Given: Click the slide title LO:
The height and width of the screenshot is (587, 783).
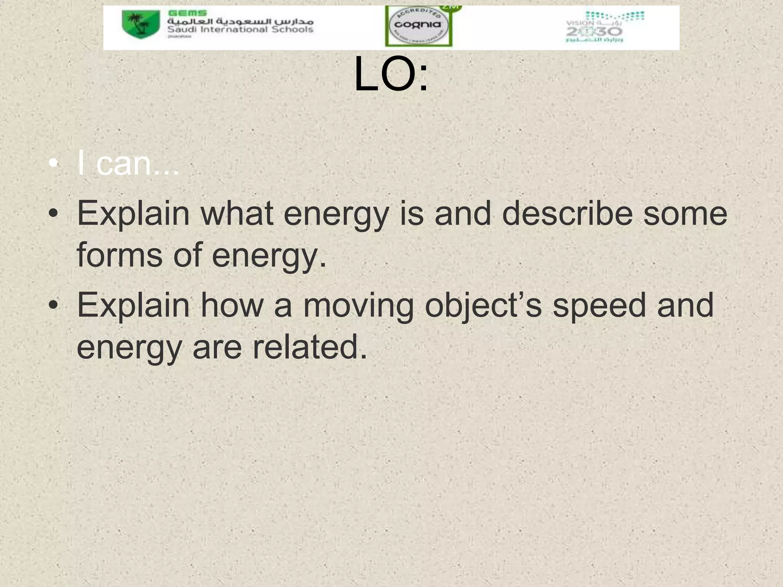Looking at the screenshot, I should click(391, 75).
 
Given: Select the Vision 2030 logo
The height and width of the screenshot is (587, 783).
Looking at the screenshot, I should click(605, 27).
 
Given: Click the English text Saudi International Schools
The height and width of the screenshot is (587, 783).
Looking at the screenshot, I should click(240, 30).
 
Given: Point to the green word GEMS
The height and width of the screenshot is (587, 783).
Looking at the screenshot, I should click(187, 13).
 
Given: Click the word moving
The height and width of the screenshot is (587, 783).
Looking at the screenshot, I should click(358, 306).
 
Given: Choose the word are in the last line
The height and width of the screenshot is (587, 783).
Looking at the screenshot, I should click(217, 347).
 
